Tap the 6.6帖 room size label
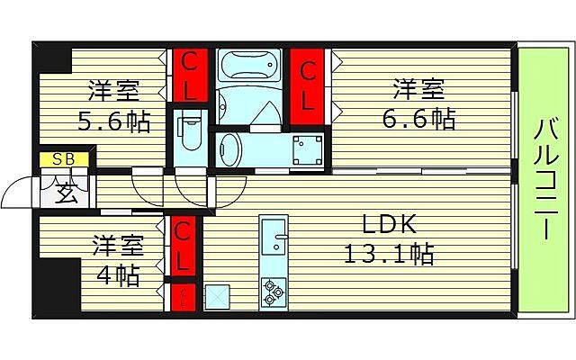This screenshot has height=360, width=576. pos(418,118)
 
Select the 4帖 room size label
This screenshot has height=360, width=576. pos(118,274)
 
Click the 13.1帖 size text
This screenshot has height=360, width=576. pos(390,254)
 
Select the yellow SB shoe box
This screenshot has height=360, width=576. pos(63,160)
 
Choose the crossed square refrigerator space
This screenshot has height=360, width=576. pos(217,296)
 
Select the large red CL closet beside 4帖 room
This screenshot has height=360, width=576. pos(183,247)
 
